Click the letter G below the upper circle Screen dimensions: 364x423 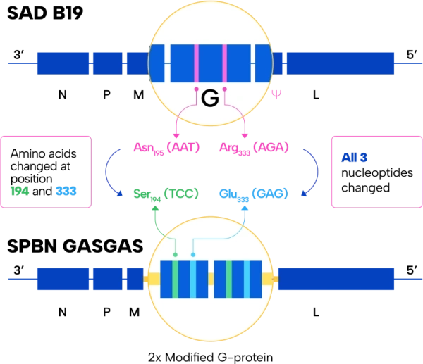[209, 99]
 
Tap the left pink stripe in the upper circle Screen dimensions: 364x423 [197, 63]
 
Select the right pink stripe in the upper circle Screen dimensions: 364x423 [225, 63]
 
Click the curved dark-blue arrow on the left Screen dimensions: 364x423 [108, 170]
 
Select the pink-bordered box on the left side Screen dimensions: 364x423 [47, 171]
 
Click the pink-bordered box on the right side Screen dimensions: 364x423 [374, 171]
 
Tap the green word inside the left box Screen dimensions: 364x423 [20, 191]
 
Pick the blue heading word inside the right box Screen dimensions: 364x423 [349, 157]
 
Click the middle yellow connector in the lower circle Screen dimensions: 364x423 [211, 280]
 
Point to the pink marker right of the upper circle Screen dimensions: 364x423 [276, 93]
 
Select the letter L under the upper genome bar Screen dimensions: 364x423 [315, 94]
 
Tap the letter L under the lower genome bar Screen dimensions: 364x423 [315, 310]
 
